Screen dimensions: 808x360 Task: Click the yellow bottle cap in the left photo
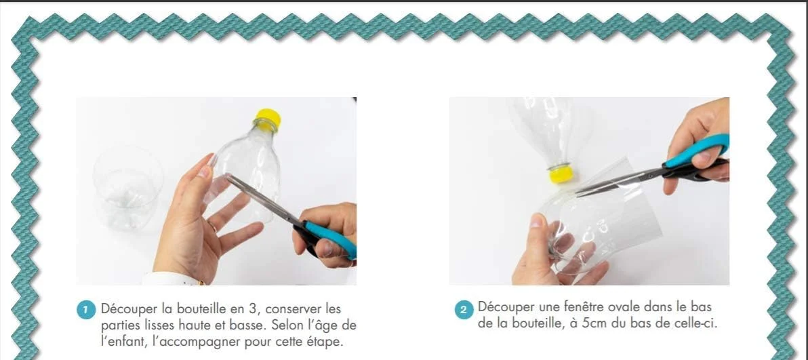click(268, 118)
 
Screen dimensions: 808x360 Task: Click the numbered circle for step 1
click(87, 311)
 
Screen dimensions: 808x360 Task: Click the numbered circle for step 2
click(464, 310)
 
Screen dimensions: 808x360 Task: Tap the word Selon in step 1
click(283, 326)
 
